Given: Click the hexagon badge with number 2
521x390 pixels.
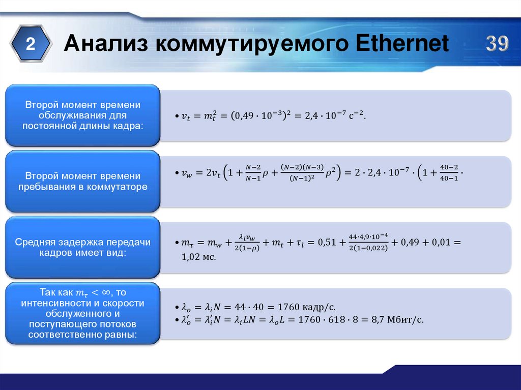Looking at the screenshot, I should coord(31,45).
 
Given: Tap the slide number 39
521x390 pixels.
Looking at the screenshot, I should coord(497,44).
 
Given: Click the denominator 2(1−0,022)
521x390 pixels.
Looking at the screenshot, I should coord(368,248).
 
